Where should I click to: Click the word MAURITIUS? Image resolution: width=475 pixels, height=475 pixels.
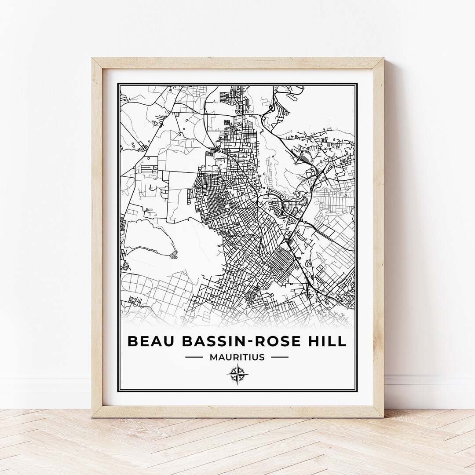[237, 357]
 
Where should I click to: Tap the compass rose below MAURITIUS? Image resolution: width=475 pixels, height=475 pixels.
[237, 374]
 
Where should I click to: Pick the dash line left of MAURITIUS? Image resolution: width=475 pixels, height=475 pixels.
[194, 357]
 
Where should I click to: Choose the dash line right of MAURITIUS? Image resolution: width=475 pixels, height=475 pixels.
[280, 357]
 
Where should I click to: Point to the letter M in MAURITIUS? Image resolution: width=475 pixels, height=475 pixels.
[213, 357]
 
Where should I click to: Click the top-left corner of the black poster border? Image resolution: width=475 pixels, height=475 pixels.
[118, 84]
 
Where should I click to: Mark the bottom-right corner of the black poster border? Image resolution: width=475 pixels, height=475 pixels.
[357, 391]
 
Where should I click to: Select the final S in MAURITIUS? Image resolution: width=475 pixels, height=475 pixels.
[262, 357]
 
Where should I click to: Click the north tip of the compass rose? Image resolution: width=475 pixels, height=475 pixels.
[237, 365]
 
